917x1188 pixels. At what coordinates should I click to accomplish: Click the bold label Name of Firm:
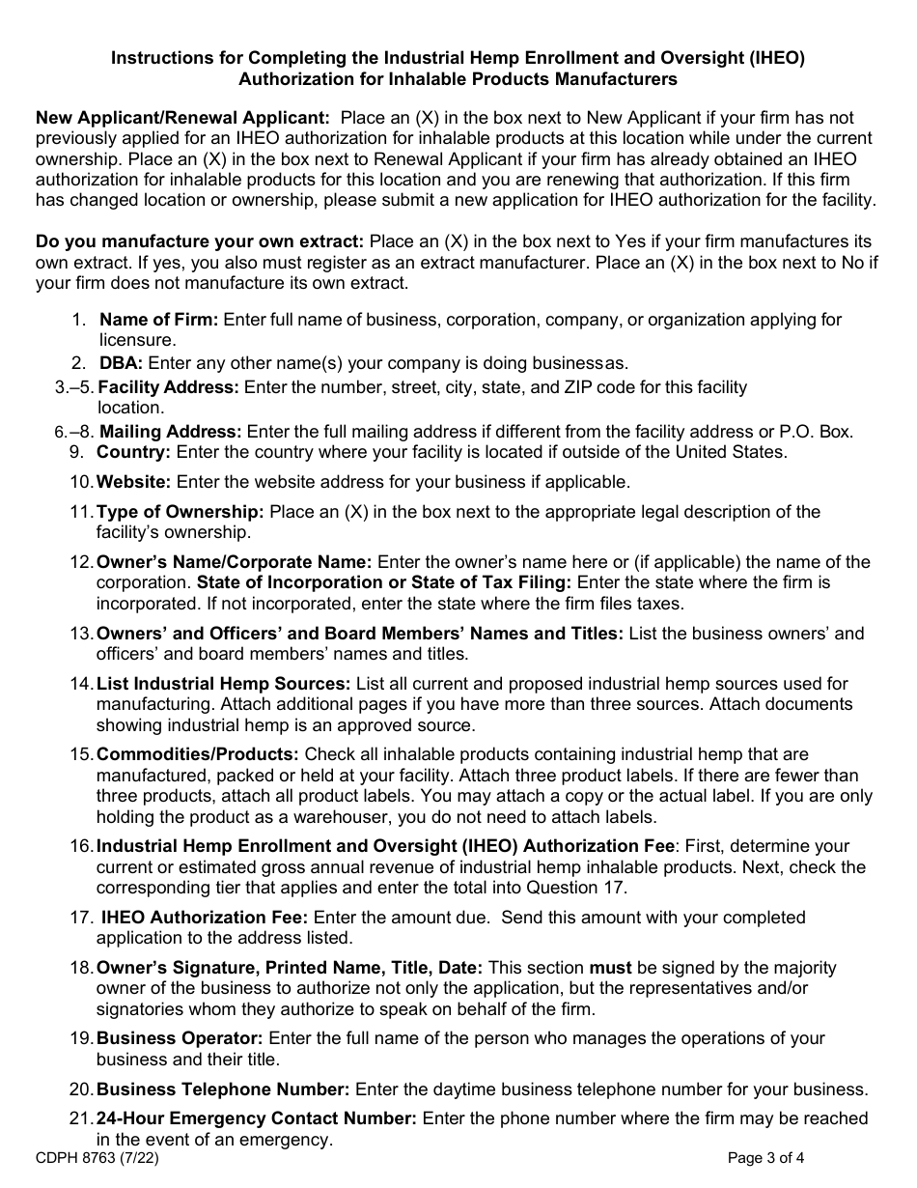159,320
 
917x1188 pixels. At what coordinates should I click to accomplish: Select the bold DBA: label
121,363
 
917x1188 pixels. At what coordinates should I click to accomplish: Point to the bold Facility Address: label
169,387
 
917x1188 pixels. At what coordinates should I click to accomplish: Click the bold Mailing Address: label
171,432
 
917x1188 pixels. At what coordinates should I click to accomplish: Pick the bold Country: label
133,451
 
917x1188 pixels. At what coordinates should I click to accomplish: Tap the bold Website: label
133,481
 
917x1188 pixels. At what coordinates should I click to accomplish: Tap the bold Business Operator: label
180,1038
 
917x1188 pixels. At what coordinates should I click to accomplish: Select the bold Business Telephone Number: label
223,1089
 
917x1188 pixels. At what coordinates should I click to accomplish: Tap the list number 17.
80,918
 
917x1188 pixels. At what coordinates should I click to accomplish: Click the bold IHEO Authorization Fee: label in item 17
205,918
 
